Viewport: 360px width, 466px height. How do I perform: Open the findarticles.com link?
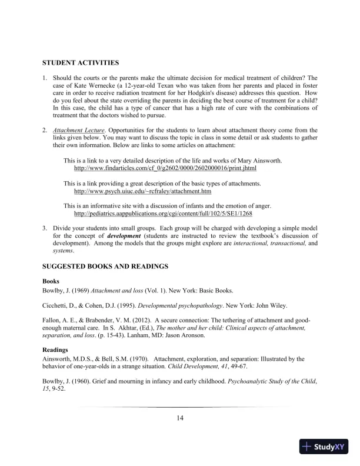click(x=165, y=168)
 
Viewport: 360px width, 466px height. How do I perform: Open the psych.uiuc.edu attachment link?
click(x=142, y=191)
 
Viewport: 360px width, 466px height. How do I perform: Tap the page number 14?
click(x=180, y=418)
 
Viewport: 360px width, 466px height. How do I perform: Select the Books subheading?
click(x=51, y=281)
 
